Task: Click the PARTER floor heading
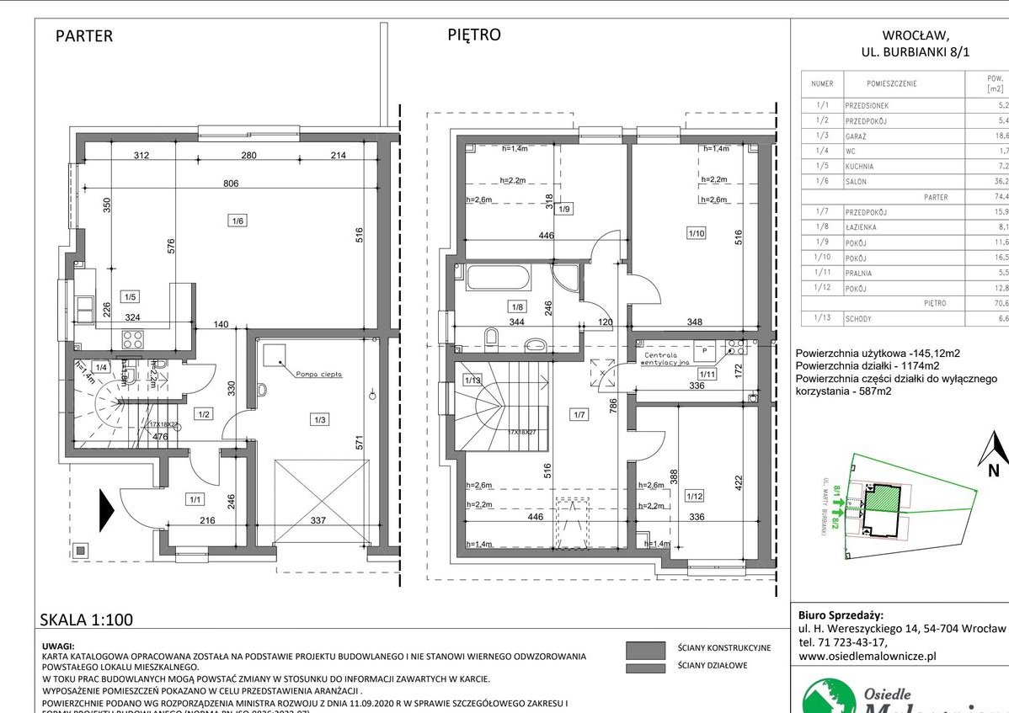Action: [x=83, y=36]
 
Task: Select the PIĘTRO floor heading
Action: [x=473, y=35]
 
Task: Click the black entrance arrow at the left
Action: [x=107, y=510]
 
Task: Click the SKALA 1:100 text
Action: [x=87, y=620]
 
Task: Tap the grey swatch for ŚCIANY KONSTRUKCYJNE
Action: [x=646, y=648]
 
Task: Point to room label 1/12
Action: [x=694, y=496]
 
